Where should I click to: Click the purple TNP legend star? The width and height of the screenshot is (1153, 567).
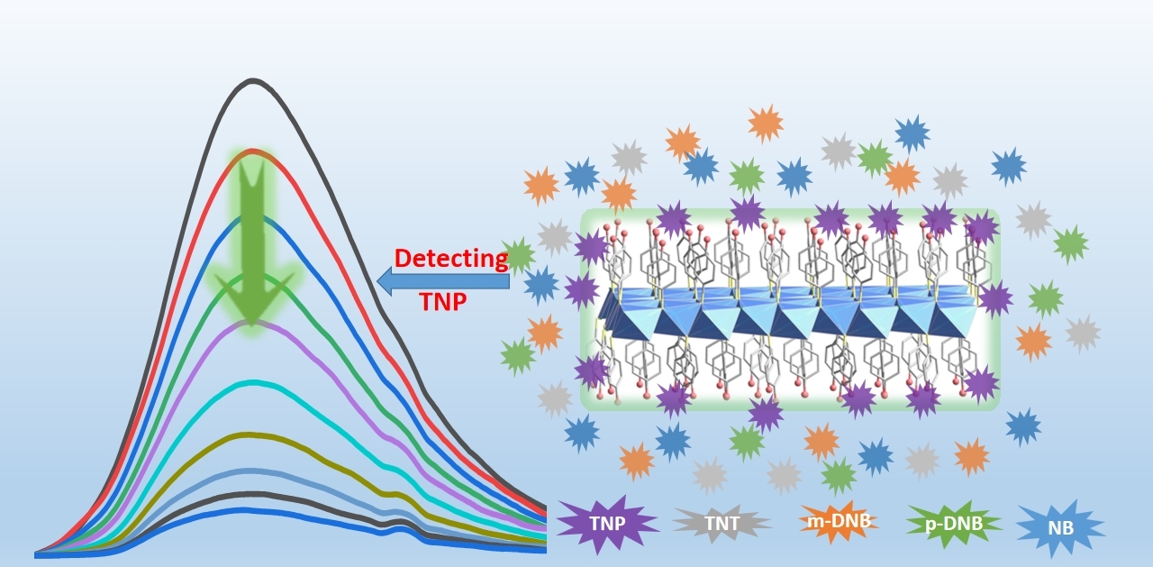pos(607,524)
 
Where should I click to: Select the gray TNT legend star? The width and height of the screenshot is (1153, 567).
pos(722,523)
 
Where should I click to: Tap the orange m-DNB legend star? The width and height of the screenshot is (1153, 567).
pos(838,521)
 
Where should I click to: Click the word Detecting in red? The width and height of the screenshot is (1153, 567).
pos(451,259)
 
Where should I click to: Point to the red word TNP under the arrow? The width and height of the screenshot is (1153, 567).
pos(443,302)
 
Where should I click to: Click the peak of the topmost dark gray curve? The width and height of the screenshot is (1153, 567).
pos(253,81)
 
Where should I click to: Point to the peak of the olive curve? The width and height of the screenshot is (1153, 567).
pos(253,434)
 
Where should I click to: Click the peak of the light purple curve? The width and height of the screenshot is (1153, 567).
pos(253,323)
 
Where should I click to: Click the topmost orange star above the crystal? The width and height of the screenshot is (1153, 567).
pos(766,123)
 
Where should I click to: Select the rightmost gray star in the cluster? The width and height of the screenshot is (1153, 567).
pos(1083,333)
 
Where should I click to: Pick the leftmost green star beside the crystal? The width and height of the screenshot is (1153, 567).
pos(518,356)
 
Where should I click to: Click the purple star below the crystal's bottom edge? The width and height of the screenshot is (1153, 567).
pos(766,414)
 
